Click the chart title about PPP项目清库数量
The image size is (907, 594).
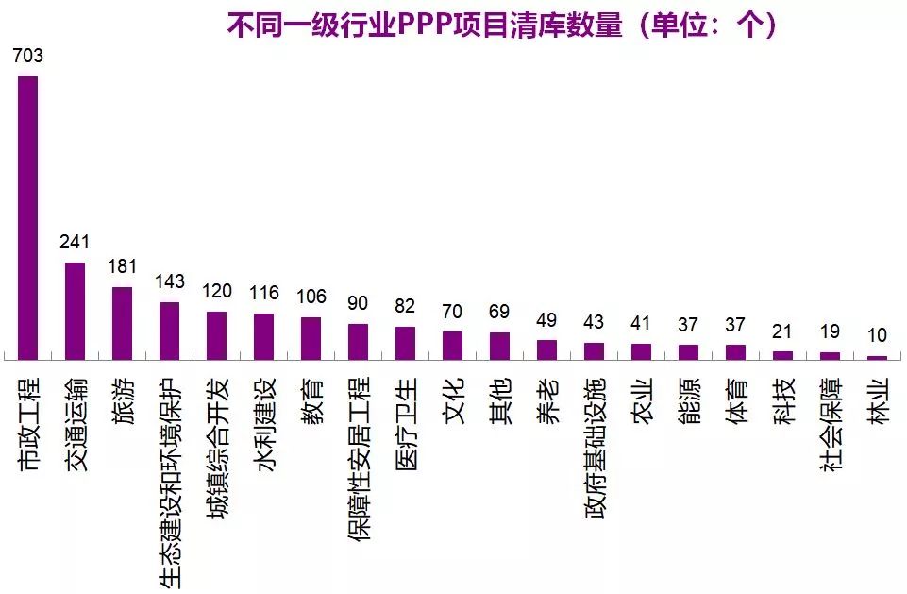(x=501, y=24)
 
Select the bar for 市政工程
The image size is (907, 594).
(x=28, y=217)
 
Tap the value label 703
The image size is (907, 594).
(x=28, y=57)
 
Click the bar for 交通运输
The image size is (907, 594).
(x=75, y=311)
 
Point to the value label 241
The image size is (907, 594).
(x=75, y=242)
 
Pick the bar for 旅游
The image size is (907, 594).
(x=122, y=323)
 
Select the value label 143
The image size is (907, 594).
(x=170, y=282)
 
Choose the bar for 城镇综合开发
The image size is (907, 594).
(x=216, y=335)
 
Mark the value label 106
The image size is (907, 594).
(x=311, y=297)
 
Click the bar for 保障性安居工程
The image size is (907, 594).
(x=358, y=341)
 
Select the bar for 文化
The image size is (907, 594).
(x=452, y=345)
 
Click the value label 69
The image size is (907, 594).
(x=499, y=312)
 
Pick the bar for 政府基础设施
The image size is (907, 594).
(x=594, y=350)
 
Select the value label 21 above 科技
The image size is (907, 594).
(x=782, y=331)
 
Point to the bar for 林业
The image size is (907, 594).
(x=877, y=357)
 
